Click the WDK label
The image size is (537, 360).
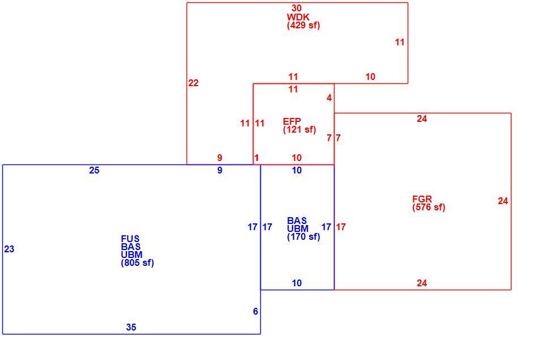(x=298, y=17)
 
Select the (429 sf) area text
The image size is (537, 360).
(x=303, y=26)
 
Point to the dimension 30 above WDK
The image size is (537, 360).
(x=297, y=8)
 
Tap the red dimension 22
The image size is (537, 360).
(x=193, y=83)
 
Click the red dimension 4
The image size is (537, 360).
(x=329, y=98)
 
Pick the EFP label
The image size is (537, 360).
(x=292, y=121)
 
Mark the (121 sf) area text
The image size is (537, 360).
(x=299, y=130)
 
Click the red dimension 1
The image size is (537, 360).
(x=256, y=158)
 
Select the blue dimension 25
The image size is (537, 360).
(x=94, y=170)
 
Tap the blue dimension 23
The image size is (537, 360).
(x=9, y=249)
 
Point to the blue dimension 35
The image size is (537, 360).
(x=131, y=327)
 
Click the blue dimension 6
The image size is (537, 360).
(x=256, y=311)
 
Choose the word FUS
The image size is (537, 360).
(x=130, y=239)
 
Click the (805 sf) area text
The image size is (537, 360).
(x=137, y=263)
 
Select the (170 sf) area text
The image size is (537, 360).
(x=303, y=237)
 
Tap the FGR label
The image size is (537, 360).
(x=422, y=199)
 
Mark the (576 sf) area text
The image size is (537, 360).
(x=429, y=207)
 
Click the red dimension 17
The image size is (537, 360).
(x=341, y=227)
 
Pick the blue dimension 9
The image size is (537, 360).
(x=220, y=170)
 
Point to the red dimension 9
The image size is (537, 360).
(x=220, y=158)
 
